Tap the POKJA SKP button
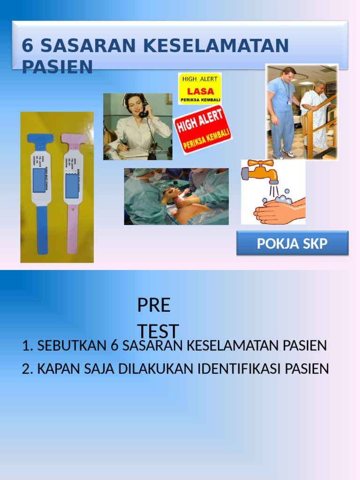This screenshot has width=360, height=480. point(292,243)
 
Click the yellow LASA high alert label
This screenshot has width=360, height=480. point(200,88)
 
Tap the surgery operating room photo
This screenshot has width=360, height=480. point(176,196)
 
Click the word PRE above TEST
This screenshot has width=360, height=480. point(154,306)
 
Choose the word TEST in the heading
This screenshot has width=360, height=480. point(158,331)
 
